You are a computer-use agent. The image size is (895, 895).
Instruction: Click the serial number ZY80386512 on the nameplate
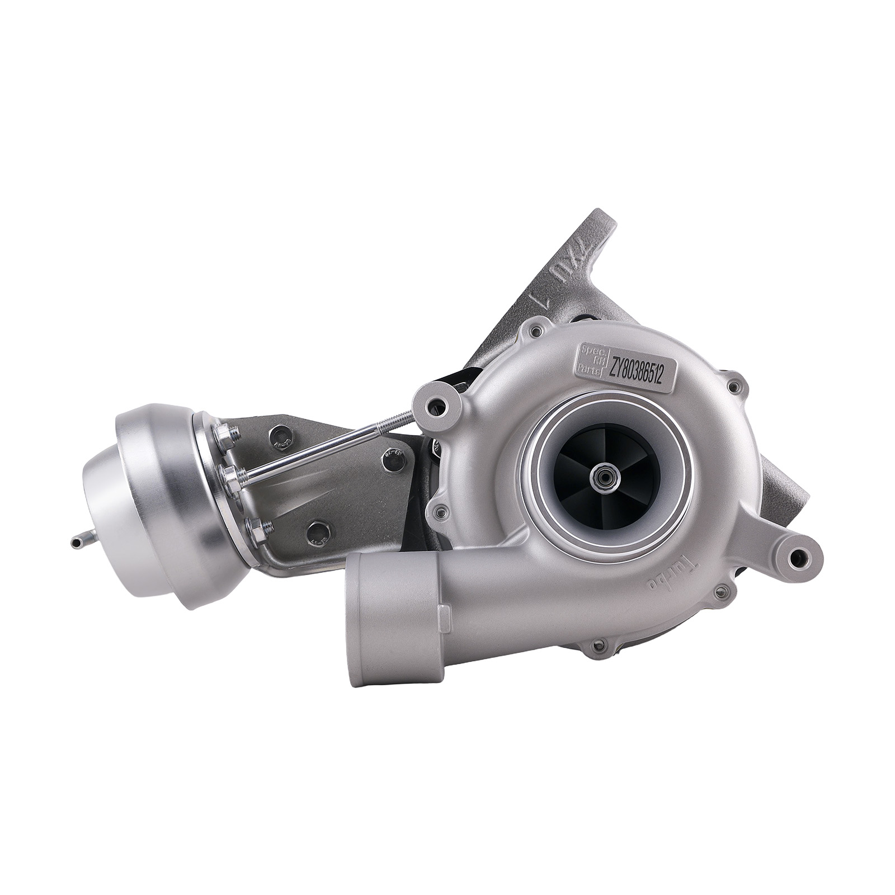(x=637, y=370)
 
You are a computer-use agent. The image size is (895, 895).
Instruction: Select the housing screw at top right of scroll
(x=733, y=386)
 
